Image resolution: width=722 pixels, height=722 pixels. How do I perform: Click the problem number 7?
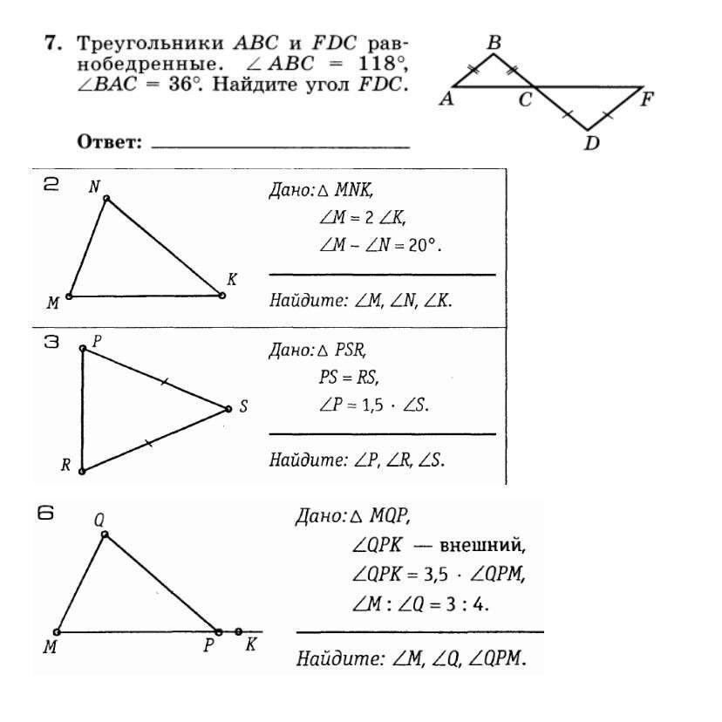[x=51, y=42]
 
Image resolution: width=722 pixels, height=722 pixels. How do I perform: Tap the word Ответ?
[x=110, y=141]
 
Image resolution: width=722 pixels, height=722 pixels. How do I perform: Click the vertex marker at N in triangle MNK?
[x=106, y=199]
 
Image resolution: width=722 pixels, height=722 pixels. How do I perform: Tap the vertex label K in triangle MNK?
[x=231, y=280]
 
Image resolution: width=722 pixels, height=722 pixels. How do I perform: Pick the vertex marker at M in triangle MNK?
[x=69, y=296]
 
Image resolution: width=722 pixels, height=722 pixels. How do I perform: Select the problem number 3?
[x=51, y=343]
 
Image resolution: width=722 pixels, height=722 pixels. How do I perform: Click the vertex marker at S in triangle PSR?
[x=228, y=408]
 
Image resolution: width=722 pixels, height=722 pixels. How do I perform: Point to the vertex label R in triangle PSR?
[x=65, y=466]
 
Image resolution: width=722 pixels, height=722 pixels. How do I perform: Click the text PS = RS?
[x=350, y=378]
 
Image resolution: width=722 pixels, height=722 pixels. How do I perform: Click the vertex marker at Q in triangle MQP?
[x=104, y=534]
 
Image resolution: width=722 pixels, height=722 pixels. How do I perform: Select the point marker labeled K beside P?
[x=238, y=631]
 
